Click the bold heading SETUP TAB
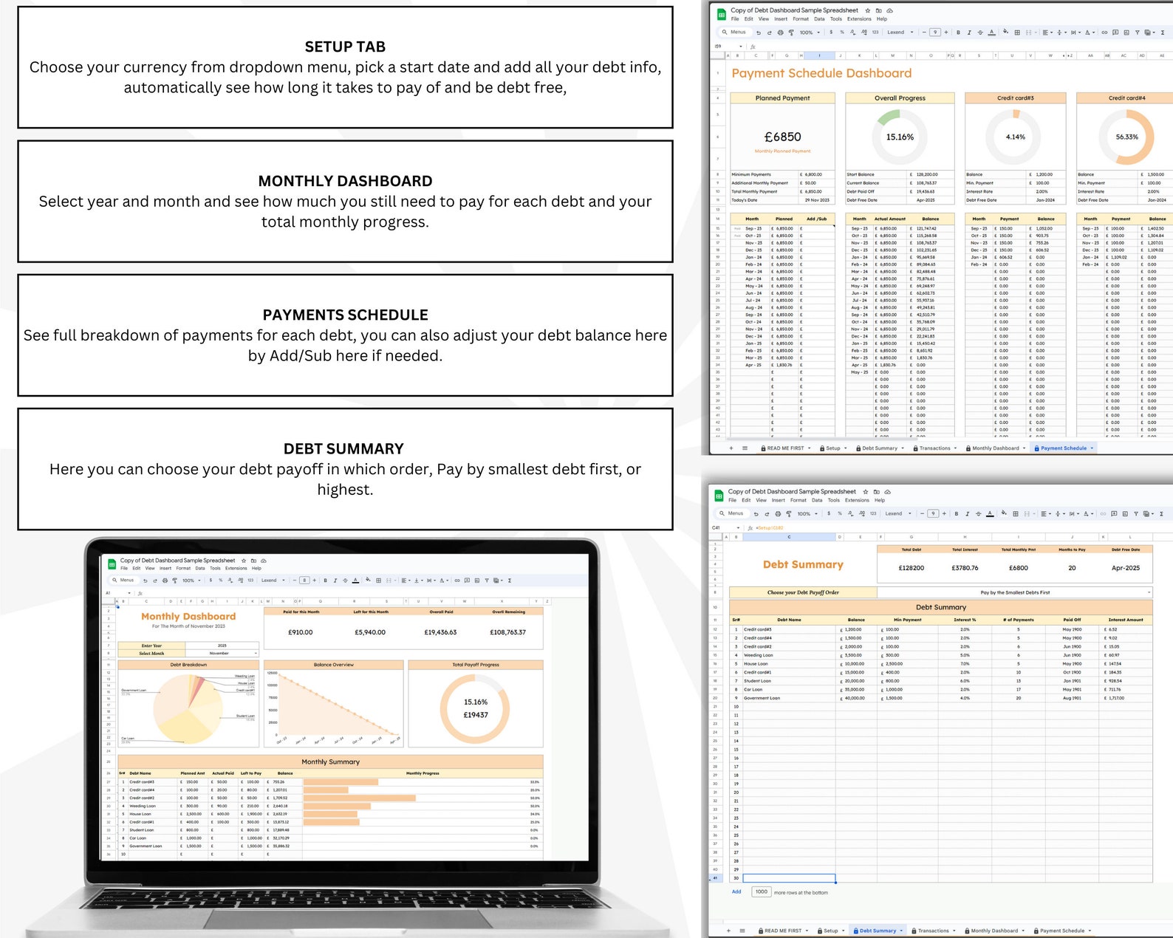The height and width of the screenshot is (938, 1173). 345,47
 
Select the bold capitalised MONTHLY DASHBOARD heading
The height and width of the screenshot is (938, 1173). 345,181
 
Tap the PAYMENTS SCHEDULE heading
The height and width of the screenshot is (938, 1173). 345,315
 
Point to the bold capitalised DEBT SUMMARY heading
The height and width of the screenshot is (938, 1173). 343,449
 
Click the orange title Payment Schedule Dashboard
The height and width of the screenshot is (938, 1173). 821,73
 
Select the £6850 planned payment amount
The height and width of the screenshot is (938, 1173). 782,137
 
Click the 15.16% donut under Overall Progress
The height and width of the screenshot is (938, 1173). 900,137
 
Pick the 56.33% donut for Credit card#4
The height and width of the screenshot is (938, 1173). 1126,137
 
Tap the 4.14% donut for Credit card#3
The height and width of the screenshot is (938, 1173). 1015,137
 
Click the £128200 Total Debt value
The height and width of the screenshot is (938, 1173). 911,568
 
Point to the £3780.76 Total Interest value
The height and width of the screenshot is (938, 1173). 965,568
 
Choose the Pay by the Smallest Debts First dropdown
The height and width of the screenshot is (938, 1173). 1015,592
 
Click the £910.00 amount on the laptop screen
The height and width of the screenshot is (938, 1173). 300,632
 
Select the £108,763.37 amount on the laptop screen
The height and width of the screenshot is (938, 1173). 507,632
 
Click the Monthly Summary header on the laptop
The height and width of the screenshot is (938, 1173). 330,761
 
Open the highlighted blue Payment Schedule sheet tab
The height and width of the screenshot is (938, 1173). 1064,448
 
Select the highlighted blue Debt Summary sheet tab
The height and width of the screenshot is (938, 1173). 878,931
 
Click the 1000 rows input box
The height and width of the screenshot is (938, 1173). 761,891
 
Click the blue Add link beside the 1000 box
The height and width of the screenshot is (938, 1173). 736,891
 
